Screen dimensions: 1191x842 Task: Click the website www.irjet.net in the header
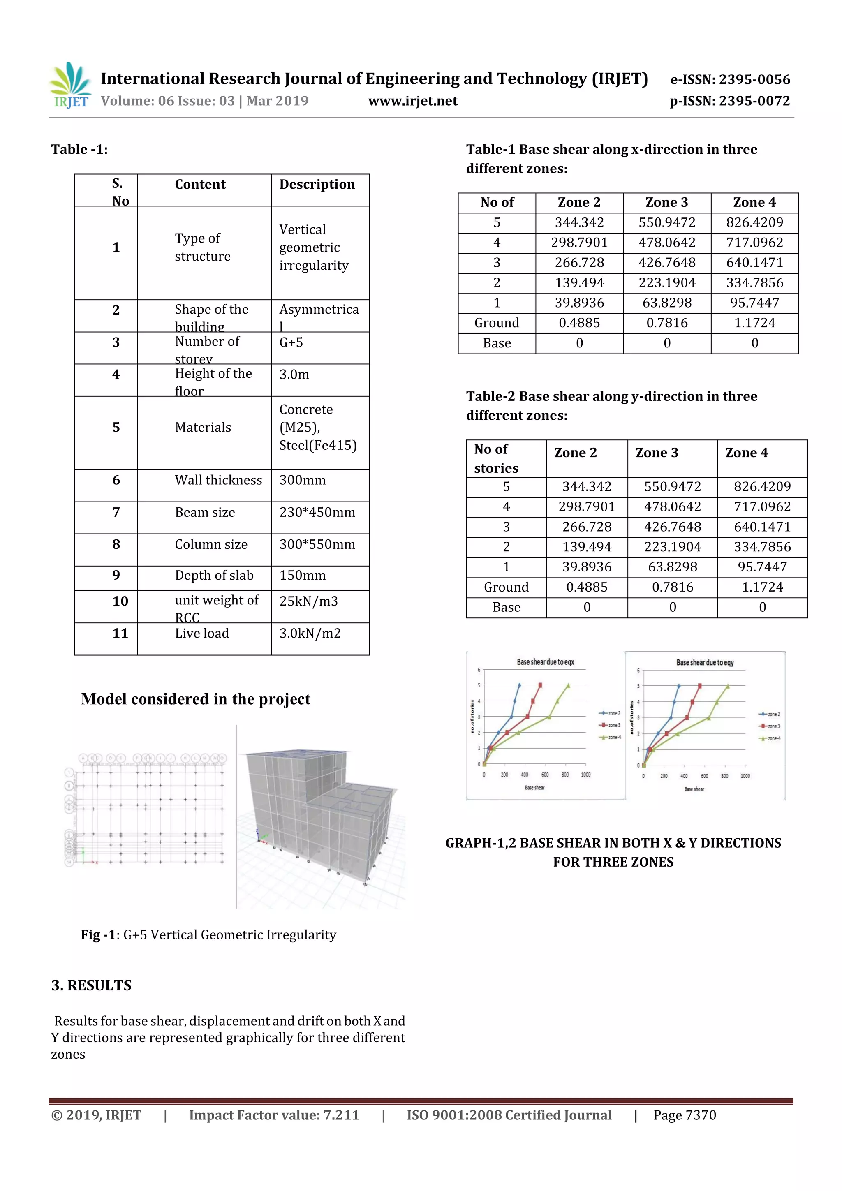[412, 101]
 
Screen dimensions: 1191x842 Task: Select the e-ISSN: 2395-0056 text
[730, 79]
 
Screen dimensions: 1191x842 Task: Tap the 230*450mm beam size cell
[317, 513]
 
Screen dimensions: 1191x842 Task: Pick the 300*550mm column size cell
[317, 545]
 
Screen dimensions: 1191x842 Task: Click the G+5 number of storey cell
[291, 342]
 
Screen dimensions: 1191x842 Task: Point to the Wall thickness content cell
[218, 480]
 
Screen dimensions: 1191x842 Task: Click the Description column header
[317, 185]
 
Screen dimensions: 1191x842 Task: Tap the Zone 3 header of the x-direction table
[666, 202]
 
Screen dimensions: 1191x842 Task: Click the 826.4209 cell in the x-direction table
[754, 222]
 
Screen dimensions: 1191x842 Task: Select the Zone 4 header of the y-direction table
[747, 453]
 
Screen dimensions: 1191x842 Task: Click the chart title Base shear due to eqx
[545, 662]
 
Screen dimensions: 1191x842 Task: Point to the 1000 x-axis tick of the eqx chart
[585, 775]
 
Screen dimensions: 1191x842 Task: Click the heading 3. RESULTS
[91, 985]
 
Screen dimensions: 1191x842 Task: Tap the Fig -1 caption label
[98, 935]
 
